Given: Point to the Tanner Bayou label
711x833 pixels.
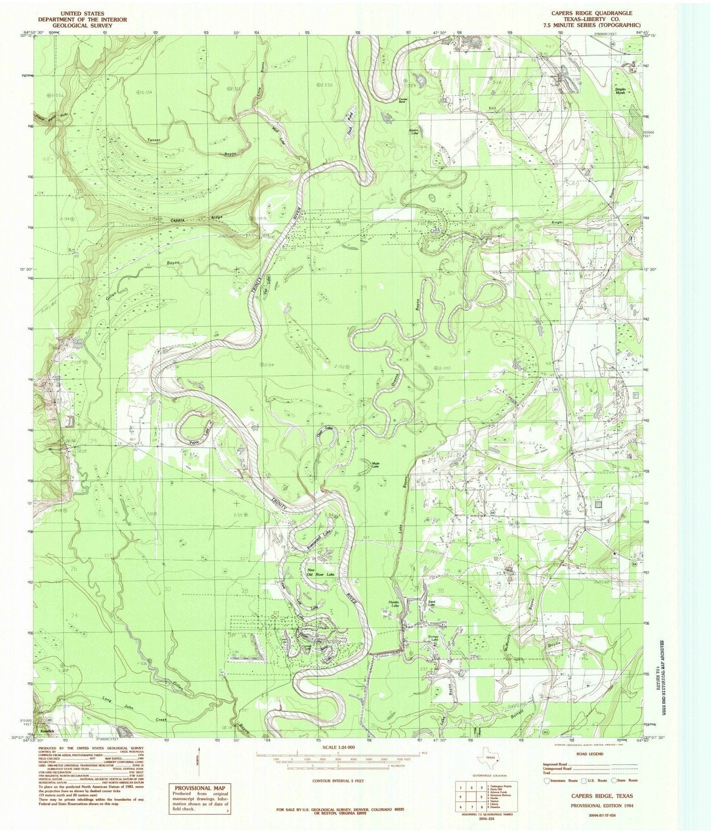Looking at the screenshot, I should pos(155,141).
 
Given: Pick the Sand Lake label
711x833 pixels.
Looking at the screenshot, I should pos(431,603).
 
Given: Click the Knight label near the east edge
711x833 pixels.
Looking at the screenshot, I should pos(557,222).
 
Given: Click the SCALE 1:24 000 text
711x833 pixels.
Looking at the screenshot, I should pos(338,747).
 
